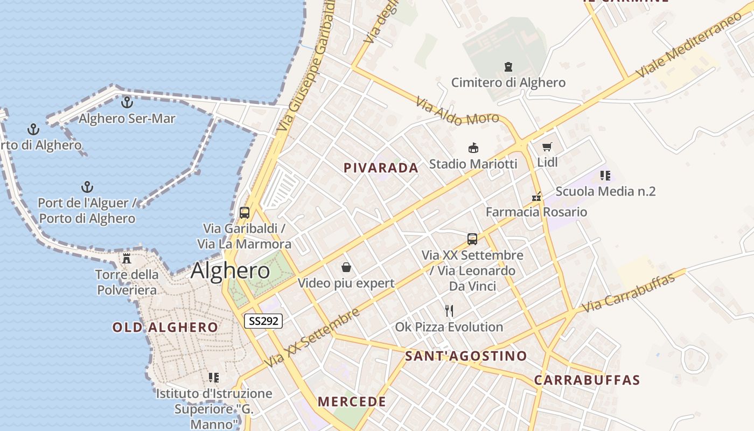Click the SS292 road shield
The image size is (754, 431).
pos(263,321)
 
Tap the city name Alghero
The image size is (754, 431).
pos(230,270)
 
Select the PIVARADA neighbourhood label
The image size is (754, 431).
pos(381,168)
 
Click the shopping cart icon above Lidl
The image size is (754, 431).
pos(547,147)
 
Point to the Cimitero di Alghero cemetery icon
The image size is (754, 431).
pos(508,67)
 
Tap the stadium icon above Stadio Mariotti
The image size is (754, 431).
pos(473,148)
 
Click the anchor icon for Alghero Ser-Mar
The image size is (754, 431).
pos(127,101)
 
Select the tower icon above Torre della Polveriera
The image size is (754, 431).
pos(127,259)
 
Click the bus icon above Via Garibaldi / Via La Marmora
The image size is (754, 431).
pos(245,212)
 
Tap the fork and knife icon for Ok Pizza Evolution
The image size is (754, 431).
pos(449,310)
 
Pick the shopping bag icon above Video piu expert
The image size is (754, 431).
pos(346,267)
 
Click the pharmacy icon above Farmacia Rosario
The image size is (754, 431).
pos(536,197)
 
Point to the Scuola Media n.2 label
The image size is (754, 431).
pos(605,191)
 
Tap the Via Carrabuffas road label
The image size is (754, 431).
pos(629,293)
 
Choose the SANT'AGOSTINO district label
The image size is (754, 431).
pos(466,356)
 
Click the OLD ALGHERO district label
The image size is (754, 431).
pos(165,327)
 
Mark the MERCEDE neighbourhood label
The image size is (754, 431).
pos(352,401)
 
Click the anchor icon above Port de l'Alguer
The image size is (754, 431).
pos(87,187)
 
